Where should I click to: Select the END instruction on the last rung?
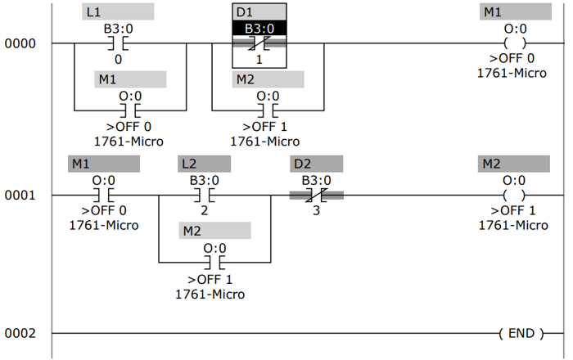pos(520,333)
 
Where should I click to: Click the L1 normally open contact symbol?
pos(118,43)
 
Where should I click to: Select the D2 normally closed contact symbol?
pos(316,196)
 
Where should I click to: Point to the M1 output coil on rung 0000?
pos(514,43)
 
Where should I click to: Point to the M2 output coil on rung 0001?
pos(514,196)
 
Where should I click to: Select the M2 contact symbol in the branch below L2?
pos(214,263)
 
